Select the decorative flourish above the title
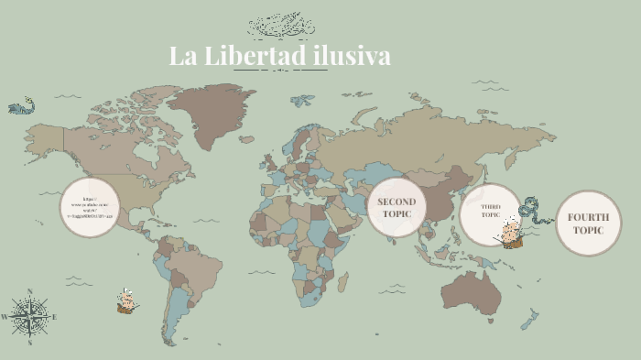281,26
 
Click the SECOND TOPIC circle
397,208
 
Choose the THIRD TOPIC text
491,211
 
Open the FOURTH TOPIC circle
588,223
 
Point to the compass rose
30,318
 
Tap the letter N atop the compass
30,292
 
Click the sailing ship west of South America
126,300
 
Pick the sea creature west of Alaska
21,106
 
